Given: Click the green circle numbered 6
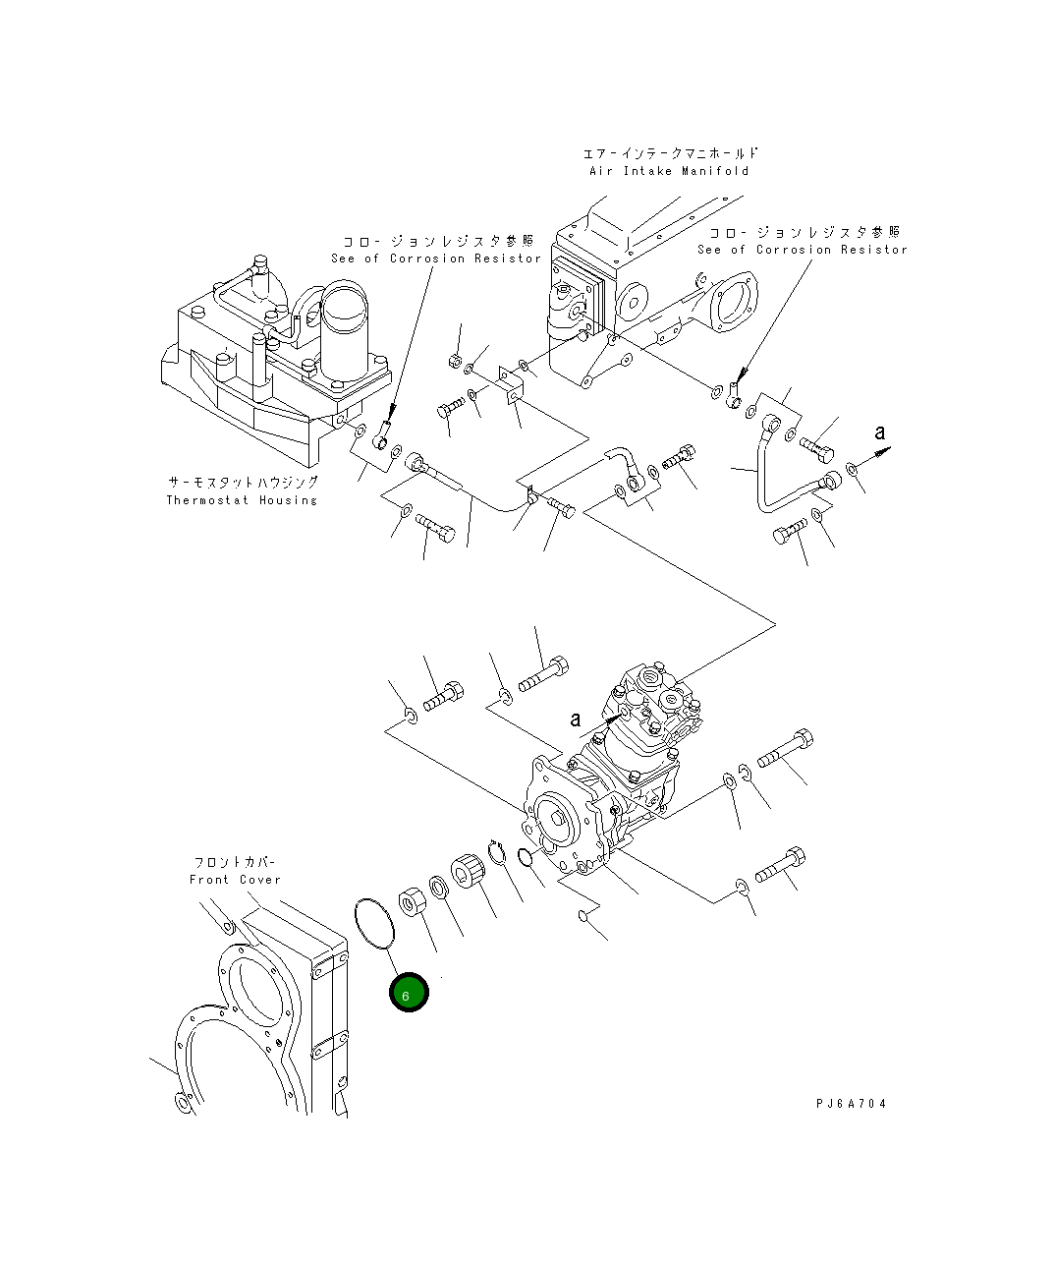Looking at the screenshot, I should click(x=409, y=994).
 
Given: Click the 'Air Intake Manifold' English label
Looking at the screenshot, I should click(x=669, y=171).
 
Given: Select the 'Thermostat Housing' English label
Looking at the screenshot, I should click(x=242, y=500).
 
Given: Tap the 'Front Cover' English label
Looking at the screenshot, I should click(x=235, y=880).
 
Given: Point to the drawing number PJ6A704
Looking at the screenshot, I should click(x=851, y=1104).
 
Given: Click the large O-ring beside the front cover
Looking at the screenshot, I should click(x=373, y=922).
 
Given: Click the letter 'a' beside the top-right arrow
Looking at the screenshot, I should click(x=880, y=432).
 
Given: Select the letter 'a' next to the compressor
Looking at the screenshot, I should click(x=576, y=719).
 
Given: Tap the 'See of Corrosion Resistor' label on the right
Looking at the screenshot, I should click(x=803, y=250).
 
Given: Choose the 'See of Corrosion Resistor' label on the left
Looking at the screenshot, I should click(x=436, y=259).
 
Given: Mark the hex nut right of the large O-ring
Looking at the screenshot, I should click(x=411, y=901).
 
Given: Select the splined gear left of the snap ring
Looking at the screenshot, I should click(x=468, y=873).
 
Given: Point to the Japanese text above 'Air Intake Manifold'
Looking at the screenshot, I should click(x=671, y=153).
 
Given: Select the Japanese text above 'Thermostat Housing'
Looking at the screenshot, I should click(x=242, y=483).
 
